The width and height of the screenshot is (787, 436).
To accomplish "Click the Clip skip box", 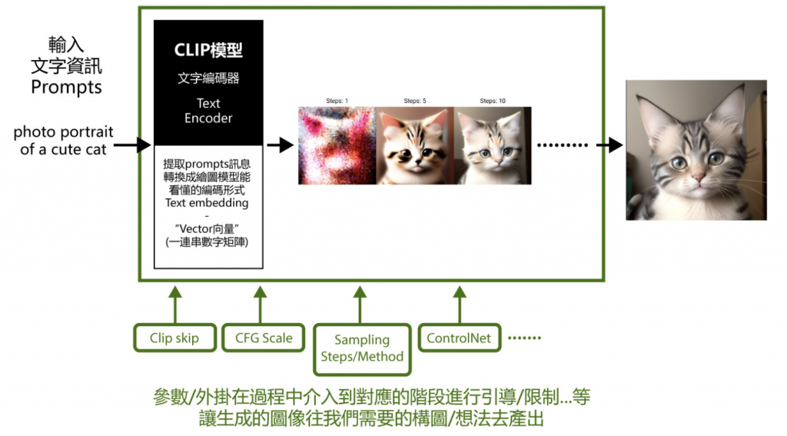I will [174, 338].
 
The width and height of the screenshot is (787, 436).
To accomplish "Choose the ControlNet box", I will [459, 338].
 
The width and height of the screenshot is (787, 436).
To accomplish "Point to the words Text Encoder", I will [208, 111].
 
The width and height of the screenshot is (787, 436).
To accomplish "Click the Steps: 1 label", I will [336, 101].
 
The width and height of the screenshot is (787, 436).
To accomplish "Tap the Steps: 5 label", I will [414, 101].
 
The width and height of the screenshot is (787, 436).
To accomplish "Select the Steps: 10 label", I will [493, 101].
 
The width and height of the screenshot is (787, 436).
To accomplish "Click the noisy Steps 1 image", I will [337, 145].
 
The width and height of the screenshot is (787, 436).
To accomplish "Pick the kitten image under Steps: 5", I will [415, 145].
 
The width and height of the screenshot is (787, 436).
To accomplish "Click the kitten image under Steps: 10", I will [493, 145].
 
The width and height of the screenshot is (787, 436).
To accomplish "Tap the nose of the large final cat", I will [698, 178].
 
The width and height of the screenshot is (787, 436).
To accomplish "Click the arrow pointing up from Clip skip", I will [175, 305].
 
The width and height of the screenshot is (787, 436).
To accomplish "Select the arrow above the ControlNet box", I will [460, 305].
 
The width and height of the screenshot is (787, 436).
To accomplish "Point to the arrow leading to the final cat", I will [611, 145].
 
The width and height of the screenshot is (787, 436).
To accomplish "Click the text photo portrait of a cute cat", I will [63, 141].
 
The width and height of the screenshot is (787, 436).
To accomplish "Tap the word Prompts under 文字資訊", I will [66, 88].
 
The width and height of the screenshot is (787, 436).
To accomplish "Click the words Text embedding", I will [207, 203].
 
